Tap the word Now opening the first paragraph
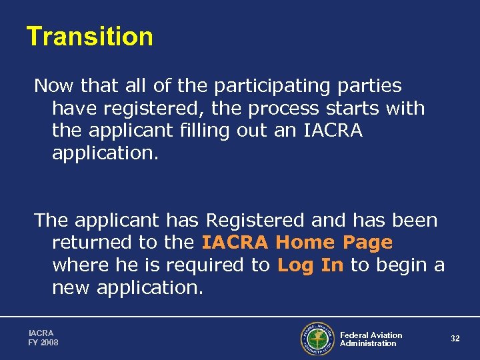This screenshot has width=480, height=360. click(55, 86)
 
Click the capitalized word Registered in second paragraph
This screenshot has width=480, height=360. click(255, 220)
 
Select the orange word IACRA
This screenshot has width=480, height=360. click(236, 243)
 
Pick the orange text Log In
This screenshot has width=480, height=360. click(311, 265)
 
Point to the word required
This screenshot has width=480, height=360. click(208, 265)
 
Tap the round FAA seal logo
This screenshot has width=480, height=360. click(317, 339)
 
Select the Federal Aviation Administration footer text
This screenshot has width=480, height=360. click(371, 339)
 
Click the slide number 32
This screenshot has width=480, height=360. click(455, 339)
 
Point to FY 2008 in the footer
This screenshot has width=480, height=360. click(43, 343)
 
